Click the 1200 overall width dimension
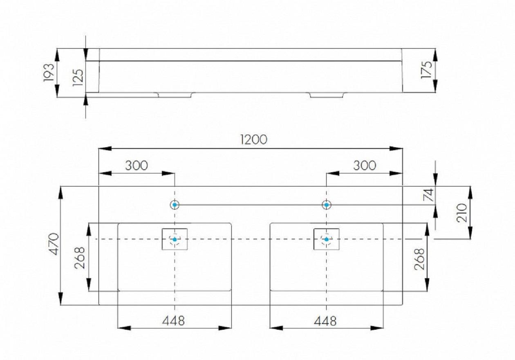point(253,139)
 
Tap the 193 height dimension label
point(49,72)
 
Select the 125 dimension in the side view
point(78,77)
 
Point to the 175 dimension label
point(426,70)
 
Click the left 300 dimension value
point(137,166)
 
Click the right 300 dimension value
point(365,166)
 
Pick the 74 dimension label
point(428,195)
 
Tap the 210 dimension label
point(462,213)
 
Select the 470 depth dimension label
point(54,244)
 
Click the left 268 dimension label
point(80,258)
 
